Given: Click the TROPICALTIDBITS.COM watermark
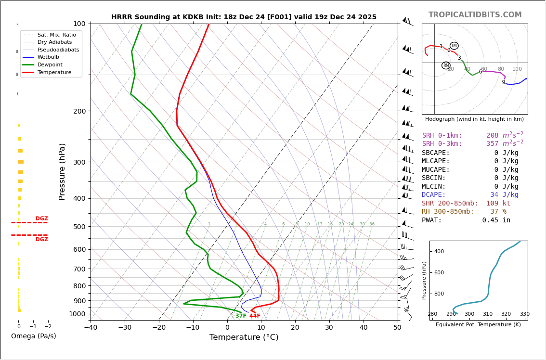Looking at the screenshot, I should click(x=475, y=15).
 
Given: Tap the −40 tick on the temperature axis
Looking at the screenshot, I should click(x=91, y=328).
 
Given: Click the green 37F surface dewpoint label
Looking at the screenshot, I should click(x=241, y=316).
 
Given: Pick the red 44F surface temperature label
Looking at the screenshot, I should click(x=255, y=316).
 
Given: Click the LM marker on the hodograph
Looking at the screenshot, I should click(x=454, y=46).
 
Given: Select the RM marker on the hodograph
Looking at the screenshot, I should click(x=446, y=65).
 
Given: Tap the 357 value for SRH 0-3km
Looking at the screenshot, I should click(x=492, y=144).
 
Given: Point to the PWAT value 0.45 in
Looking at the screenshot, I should click(x=496, y=220).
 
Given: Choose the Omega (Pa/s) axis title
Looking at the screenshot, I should click(x=33, y=336).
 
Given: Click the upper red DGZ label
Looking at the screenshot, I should click(x=41, y=219).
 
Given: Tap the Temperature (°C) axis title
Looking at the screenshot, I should click(x=244, y=337).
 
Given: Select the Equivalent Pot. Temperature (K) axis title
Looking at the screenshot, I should click(x=478, y=325).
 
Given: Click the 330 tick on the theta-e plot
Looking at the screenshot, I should click(x=524, y=314).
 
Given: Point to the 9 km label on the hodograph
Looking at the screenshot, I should click(x=504, y=82).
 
